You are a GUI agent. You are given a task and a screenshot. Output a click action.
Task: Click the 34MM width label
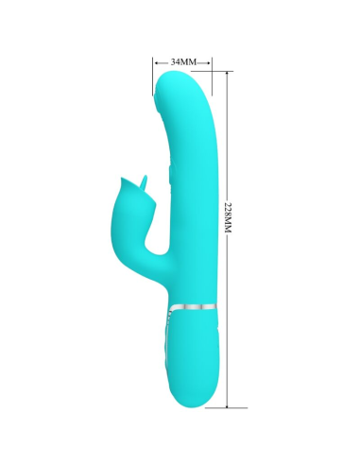click(x=181, y=61)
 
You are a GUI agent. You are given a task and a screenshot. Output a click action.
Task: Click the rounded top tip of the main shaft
click(x=180, y=83)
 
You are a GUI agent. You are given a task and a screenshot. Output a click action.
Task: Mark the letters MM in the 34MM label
click(x=188, y=61)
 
